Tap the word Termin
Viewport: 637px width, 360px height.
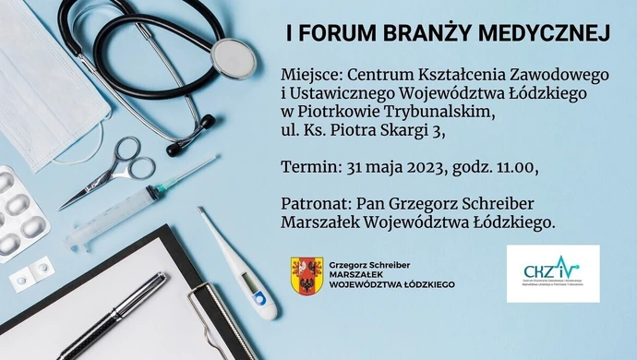tap(307, 167)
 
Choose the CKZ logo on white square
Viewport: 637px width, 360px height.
tap(552, 273)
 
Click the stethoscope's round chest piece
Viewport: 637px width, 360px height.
tap(232, 56)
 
